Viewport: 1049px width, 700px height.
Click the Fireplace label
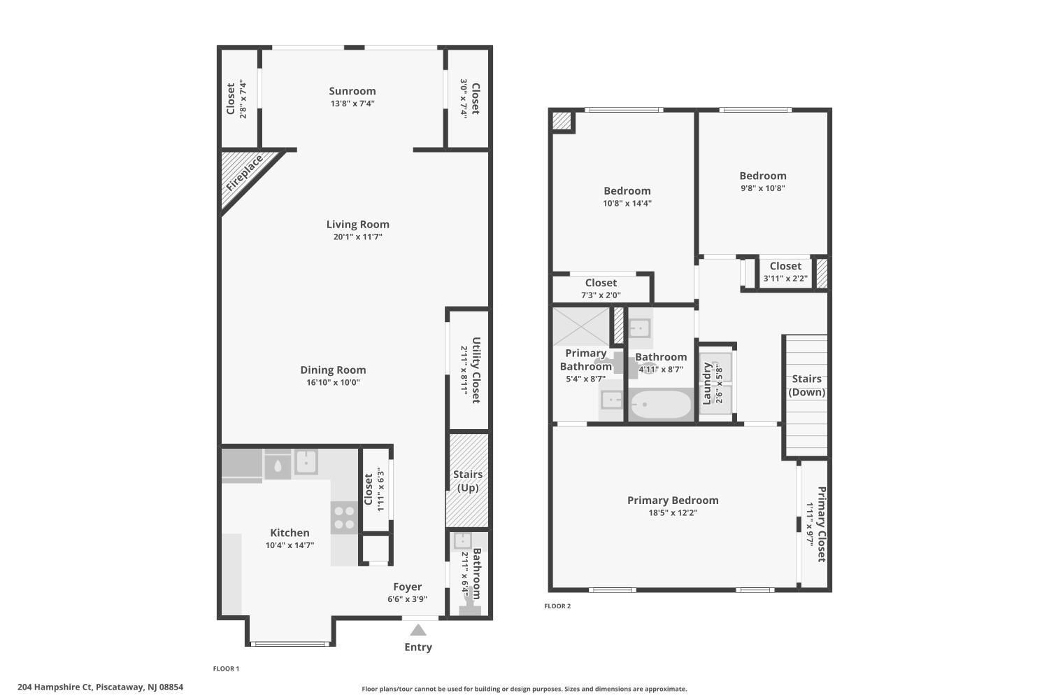tap(245, 174)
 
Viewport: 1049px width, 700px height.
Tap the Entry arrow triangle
tap(418, 630)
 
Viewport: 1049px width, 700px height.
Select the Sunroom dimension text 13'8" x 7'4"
tap(352, 104)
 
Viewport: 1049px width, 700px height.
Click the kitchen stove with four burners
tap(344, 517)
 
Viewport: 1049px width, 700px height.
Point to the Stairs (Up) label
tap(468, 481)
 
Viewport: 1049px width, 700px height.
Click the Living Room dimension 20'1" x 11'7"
tap(358, 237)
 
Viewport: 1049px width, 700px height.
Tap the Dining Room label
tap(333, 370)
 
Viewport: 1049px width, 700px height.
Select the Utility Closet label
tap(476, 370)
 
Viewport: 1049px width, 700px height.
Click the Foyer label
tap(408, 587)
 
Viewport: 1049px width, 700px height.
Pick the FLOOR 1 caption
tap(226, 668)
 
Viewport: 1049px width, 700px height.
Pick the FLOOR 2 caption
tap(557, 605)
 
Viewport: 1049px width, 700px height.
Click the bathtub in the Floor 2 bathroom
tap(661, 404)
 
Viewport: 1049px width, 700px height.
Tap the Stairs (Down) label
tap(806, 386)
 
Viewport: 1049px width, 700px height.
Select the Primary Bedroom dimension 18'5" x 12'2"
tap(673, 512)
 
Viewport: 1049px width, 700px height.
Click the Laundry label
tap(706, 383)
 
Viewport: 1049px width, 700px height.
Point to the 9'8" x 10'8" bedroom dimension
tap(763, 188)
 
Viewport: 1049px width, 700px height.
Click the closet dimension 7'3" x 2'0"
tap(601, 295)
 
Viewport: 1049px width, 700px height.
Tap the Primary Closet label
tap(822, 524)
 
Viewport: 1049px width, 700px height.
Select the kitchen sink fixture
tap(306, 462)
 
